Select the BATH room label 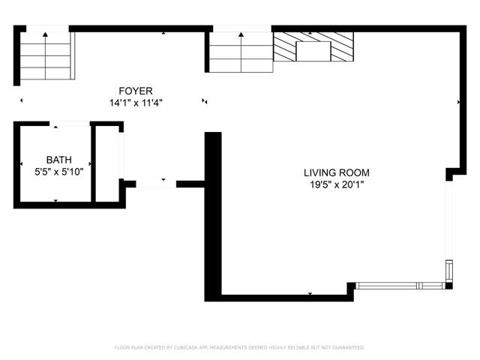pos(59,160)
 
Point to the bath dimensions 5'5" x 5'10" pos(59,172)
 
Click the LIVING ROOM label pos(337,172)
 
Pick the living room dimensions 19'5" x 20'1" pos(337,184)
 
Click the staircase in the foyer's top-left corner pos(46,56)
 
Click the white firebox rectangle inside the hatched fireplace pos(313,51)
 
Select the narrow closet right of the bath pos(107,163)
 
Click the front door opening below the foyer pos(156,182)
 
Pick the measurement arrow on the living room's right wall pos(458,101)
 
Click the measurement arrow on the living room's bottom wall pos(310,295)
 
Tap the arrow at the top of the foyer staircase pos(46,34)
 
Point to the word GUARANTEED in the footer pos(347,347)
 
